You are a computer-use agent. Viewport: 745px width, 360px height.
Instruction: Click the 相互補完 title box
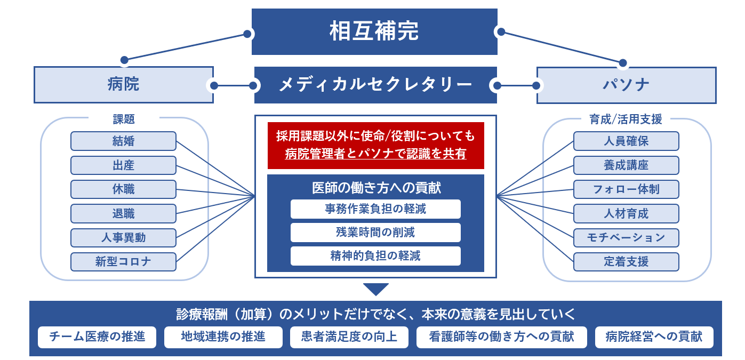point(374,31)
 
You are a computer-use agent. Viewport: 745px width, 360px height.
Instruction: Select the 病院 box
point(124,84)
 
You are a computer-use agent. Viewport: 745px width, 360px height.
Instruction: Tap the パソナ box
point(627,85)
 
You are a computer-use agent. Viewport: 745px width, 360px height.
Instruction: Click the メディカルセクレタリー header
point(375,85)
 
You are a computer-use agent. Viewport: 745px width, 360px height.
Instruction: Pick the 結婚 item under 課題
point(123,141)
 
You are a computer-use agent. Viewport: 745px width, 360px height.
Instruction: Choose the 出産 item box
point(123,165)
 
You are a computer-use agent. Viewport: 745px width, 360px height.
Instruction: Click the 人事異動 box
point(123,237)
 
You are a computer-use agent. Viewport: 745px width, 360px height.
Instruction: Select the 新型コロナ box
point(123,262)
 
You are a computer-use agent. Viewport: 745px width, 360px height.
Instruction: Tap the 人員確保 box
point(626,141)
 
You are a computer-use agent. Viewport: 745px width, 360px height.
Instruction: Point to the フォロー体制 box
point(626,189)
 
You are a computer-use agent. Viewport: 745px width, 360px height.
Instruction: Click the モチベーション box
point(626,237)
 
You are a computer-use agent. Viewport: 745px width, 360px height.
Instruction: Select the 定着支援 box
point(626,262)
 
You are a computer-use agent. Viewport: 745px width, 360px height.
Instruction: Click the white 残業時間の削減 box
point(375,232)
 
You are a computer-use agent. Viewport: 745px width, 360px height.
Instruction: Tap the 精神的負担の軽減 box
point(375,256)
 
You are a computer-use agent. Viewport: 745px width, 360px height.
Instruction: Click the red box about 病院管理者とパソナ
point(376,146)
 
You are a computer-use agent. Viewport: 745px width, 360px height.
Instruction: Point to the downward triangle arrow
point(376,289)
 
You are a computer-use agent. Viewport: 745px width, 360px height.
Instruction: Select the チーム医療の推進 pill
point(97,337)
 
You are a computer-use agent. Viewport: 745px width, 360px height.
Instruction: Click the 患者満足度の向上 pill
point(349,337)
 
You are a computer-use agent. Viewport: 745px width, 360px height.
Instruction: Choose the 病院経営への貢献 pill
point(654,337)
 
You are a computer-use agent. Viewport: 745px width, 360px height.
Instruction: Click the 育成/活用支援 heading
point(626,119)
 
